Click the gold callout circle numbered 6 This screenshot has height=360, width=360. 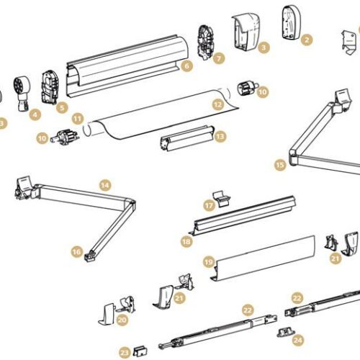click(x=187, y=66)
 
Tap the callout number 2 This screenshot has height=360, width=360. click(x=307, y=40)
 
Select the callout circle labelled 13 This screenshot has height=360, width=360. click(x=220, y=137)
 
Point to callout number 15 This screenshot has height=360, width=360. click(x=280, y=165)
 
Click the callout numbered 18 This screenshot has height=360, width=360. click(x=186, y=241)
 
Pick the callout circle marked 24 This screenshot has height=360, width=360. click(x=298, y=340)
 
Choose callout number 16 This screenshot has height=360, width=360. click(x=77, y=252)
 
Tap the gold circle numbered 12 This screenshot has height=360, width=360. click(x=218, y=104)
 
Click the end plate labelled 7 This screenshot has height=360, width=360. click(x=206, y=42)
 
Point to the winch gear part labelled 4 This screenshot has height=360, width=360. click(x=22, y=93)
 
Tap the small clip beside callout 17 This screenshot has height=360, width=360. click(x=222, y=198)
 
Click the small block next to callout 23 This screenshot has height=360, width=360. click(x=140, y=351)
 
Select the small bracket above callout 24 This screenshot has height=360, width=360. click(x=286, y=333)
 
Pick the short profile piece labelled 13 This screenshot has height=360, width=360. click(x=186, y=138)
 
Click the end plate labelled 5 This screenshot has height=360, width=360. click(x=50, y=87)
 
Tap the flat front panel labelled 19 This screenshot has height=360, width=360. click(x=263, y=258)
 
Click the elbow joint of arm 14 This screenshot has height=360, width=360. click(x=130, y=204)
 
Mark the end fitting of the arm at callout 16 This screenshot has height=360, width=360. click(x=90, y=256)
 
